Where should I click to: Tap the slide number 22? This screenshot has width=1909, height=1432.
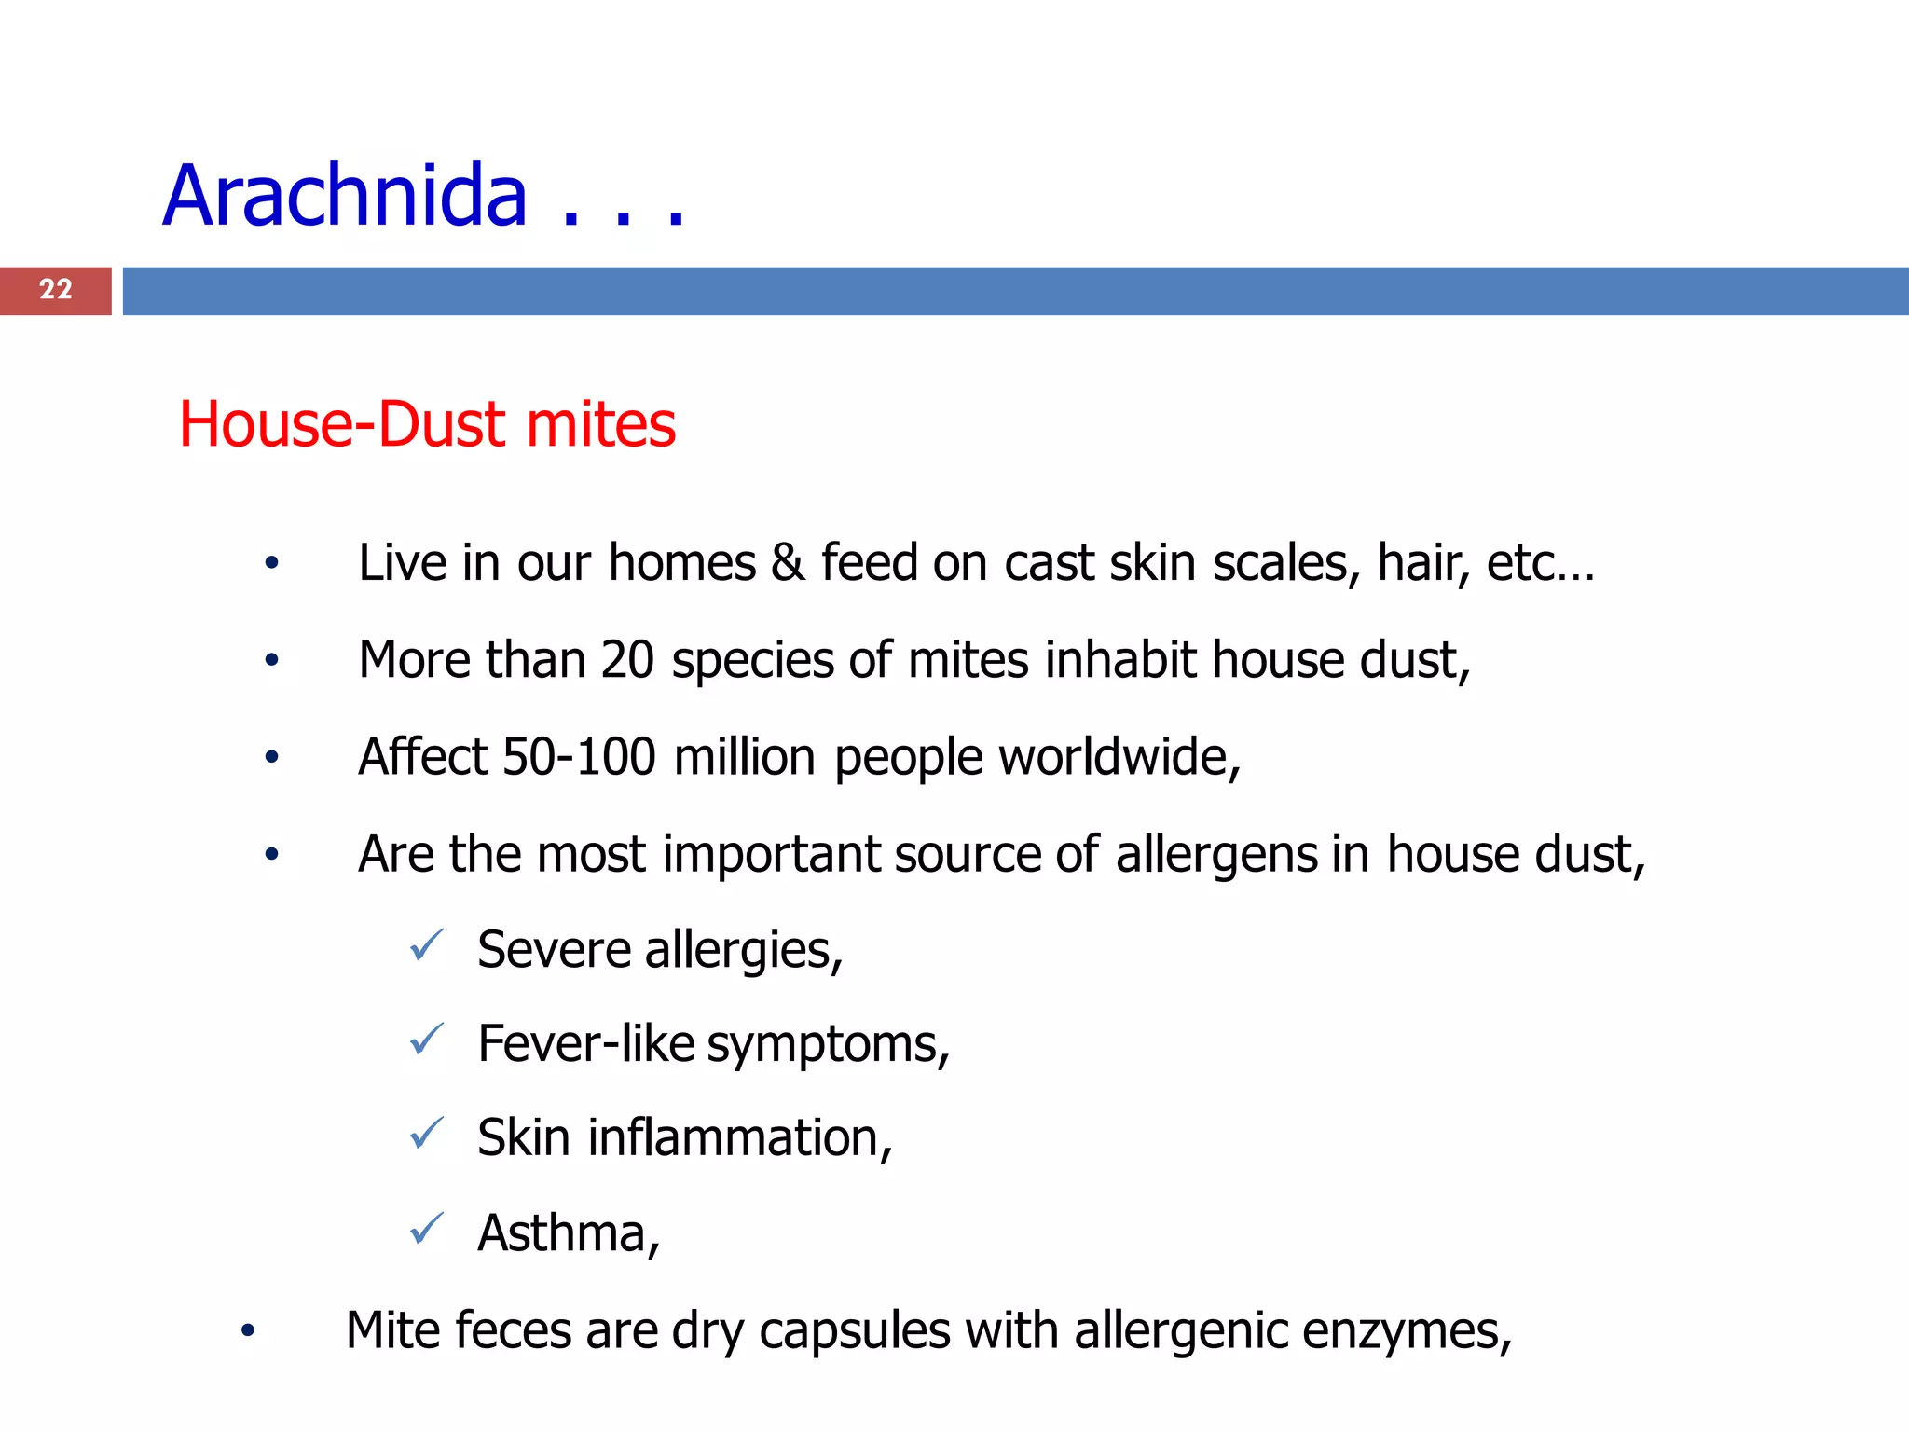[56, 290]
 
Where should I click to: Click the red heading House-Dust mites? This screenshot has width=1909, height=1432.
[427, 424]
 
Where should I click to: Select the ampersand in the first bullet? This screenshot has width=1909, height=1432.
[788, 563]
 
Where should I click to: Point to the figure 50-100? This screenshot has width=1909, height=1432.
[579, 756]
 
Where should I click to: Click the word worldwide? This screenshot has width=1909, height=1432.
[1119, 756]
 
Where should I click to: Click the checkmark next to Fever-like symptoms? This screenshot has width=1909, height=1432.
[427, 1040]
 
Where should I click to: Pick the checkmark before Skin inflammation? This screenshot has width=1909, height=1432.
[427, 1134]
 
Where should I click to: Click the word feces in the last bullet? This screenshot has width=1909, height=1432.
[512, 1330]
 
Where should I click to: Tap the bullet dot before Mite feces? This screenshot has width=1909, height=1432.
[247, 1331]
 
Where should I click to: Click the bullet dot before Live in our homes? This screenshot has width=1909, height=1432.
[271, 563]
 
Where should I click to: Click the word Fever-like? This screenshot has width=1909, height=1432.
[585, 1043]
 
